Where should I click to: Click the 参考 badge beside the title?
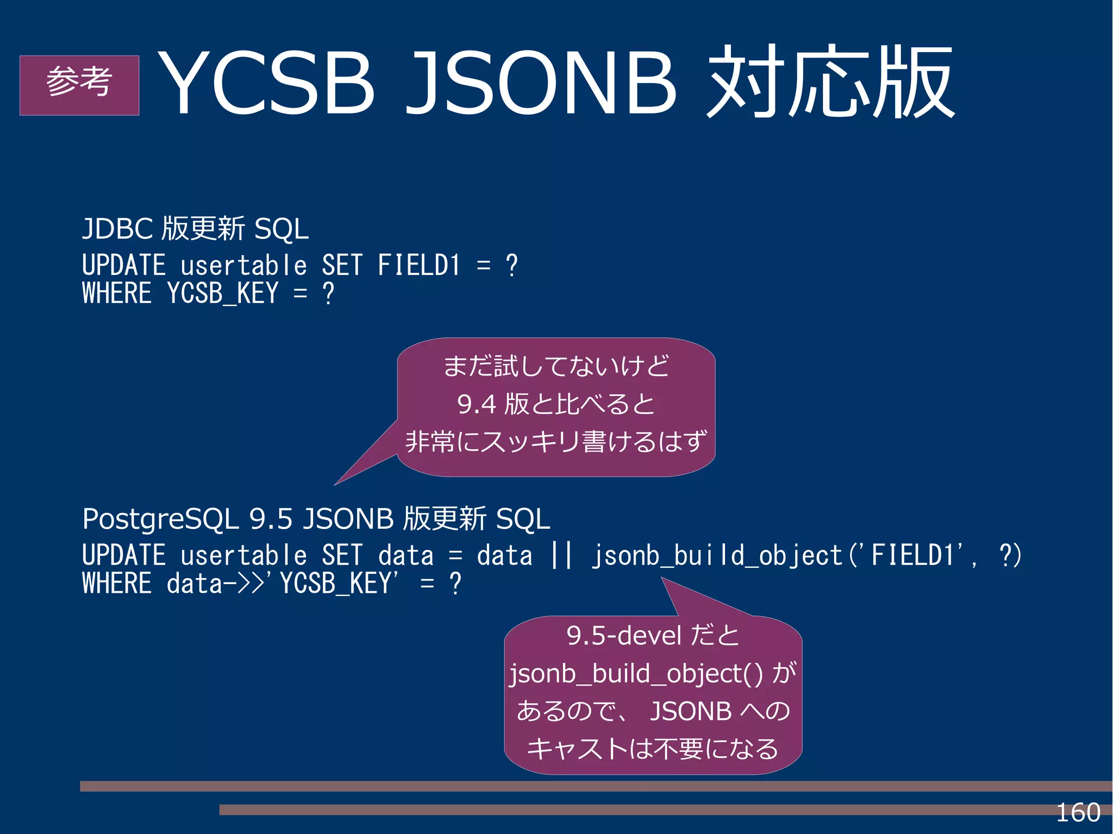(x=79, y=85)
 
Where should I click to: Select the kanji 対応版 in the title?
(x=830, y=83)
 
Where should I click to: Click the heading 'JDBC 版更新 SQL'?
(x=195, y=229)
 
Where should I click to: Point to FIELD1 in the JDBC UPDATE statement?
(x=418, y=266)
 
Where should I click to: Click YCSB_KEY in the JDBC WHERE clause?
(x=223, y=294)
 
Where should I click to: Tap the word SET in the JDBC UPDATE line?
(x=341, y=266)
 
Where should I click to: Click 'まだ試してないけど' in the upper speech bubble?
(x=556, y=366)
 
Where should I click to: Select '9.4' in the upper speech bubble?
(x=477, y=404)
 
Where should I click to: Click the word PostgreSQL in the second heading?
(x=160, y=519)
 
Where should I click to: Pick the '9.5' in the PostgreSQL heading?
(x=271, y=519)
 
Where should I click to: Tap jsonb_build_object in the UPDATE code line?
(x=716, y=555)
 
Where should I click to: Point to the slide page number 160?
(x=1078, y=813)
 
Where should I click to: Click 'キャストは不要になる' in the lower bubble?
(x=653, y=749)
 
